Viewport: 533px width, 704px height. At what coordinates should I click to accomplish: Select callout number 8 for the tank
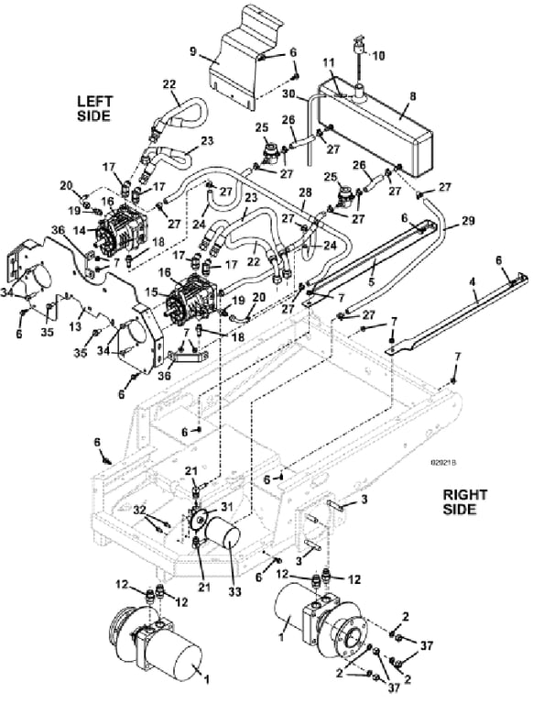click(413, 96)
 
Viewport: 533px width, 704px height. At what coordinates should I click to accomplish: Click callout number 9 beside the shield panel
click(193, 51)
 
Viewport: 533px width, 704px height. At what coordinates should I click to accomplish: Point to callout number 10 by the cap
click(378, 56)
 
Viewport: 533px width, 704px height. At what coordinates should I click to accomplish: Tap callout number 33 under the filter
click(233, 591)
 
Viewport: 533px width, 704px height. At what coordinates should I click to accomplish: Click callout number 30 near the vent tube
click(288, 94)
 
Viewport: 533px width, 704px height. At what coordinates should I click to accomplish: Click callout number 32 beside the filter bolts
click(140, 510)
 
